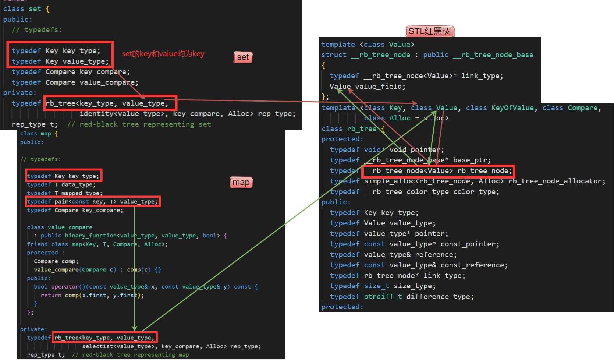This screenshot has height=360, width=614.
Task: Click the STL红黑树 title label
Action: pyautogui.click(x=430, y=31)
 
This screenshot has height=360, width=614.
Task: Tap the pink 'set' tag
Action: pyautogui.click(x=243, y=57)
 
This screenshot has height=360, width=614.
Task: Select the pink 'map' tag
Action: pyautogui.click(x=241, y=183)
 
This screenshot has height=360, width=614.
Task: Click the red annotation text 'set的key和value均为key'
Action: pyautogui.click(x=163, y=54)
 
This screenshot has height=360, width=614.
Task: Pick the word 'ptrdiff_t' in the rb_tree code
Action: pyautogui.click(x=383, y=297)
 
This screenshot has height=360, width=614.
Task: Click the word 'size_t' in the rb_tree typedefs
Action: pyautogui.click(x=377, y=286)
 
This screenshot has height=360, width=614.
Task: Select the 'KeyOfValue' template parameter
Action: pyautogui.click(x=512, y=108)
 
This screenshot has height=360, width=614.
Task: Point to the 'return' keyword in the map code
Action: pyautogui.click(x=51, y=295)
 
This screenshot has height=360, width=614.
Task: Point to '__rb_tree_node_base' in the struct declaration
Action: pyautogui.click(x=493, y=55)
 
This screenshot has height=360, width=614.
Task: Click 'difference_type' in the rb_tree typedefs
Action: pyautogui.click(x=438, y=297)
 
